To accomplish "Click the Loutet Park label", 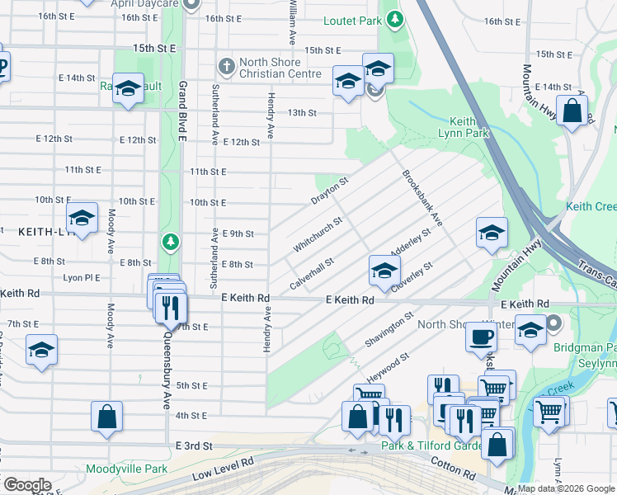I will coord(352,20).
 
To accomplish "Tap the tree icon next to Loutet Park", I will coord(396,18).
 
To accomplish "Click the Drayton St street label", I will coord(330,190).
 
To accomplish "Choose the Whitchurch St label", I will coord(317,236).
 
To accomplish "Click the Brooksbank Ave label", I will coord(422,199).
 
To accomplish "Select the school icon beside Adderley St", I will coord(384,269).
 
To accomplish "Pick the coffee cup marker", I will coord(481,336).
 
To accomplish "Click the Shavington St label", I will coord(389,330).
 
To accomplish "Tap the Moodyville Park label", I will coord(126,469).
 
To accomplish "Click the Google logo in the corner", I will coord(27,485).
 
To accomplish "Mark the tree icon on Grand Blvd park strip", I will coord(170,242).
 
